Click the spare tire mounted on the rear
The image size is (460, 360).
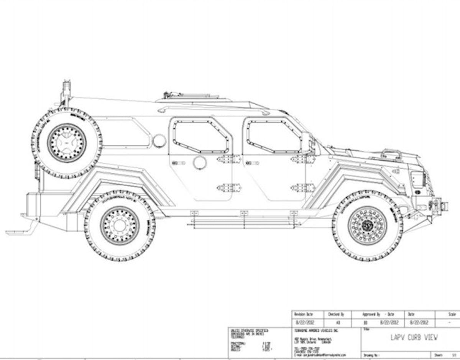(67, 143)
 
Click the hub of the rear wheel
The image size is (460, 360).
(120, 225)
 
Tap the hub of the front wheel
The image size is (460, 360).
(367, 225)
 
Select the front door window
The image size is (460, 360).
(273, 136)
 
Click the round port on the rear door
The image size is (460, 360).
(200, 163)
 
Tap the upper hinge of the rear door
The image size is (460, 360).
(229, 159)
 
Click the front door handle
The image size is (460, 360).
(252, 163)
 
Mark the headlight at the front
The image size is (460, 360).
(417, 179)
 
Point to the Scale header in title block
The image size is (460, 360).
(452, 314)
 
